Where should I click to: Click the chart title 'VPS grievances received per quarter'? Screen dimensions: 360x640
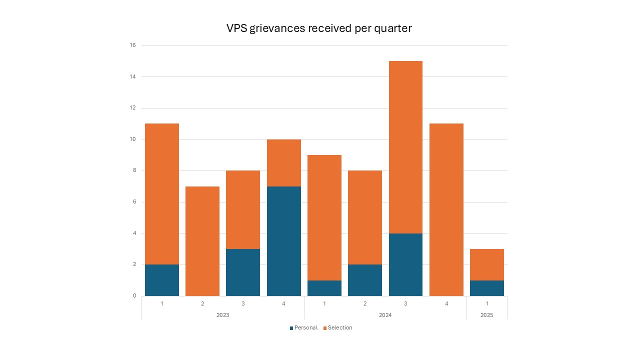[319, 28]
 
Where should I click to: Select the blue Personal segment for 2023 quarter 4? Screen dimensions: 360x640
[283, 241]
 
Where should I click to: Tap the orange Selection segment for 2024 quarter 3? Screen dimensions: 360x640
[405, 147]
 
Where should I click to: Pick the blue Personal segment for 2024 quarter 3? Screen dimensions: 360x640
[405, 264]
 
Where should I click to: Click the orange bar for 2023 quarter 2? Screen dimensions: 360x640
[202, 241]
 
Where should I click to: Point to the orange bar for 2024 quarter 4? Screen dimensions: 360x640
[446, 209]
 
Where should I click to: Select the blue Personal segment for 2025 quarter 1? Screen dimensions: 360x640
[486, 288]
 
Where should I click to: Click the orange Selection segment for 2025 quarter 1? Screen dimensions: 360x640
[486, 264]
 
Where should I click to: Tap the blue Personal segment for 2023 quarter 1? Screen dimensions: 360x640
[162, 280]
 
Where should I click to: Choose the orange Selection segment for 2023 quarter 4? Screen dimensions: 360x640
[283, 162]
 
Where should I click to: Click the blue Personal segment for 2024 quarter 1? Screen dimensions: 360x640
[324, 288]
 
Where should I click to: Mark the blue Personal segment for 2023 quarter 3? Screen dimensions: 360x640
[243, 272]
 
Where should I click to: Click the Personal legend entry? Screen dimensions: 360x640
[303, 328]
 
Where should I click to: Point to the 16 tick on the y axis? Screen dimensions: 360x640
[132, 45]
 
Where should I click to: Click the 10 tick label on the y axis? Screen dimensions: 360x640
[132, 139]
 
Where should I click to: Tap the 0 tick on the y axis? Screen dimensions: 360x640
[134, 296]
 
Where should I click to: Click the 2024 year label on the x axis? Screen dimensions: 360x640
[385, 315]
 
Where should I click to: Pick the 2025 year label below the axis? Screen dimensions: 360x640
[486, 315]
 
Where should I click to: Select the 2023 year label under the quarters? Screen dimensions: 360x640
[222, 315]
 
